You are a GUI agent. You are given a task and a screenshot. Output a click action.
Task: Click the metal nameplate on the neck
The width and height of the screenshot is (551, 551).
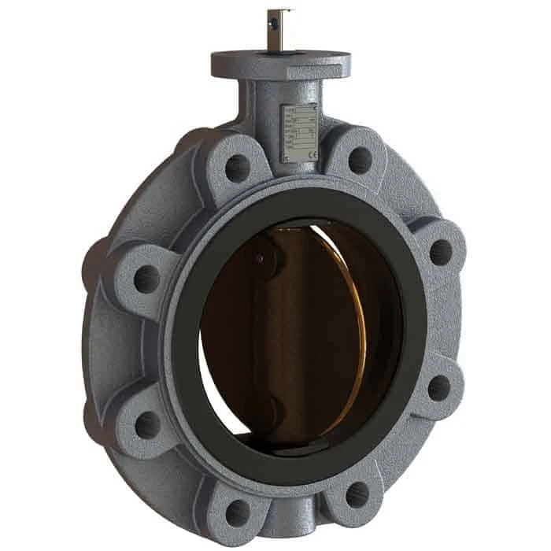pos(299,132)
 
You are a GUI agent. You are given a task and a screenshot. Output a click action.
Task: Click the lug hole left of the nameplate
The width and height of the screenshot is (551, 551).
pos(236,167)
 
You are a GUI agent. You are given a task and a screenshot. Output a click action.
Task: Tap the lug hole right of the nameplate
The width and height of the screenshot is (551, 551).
pos(360,161)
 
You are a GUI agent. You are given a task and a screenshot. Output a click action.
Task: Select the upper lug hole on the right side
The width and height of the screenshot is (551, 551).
pos(440,252)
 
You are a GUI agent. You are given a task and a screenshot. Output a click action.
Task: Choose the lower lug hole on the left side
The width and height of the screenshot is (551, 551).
pos(147,425)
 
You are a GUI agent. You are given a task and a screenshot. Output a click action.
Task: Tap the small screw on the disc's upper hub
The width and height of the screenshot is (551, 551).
pos(259,257)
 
